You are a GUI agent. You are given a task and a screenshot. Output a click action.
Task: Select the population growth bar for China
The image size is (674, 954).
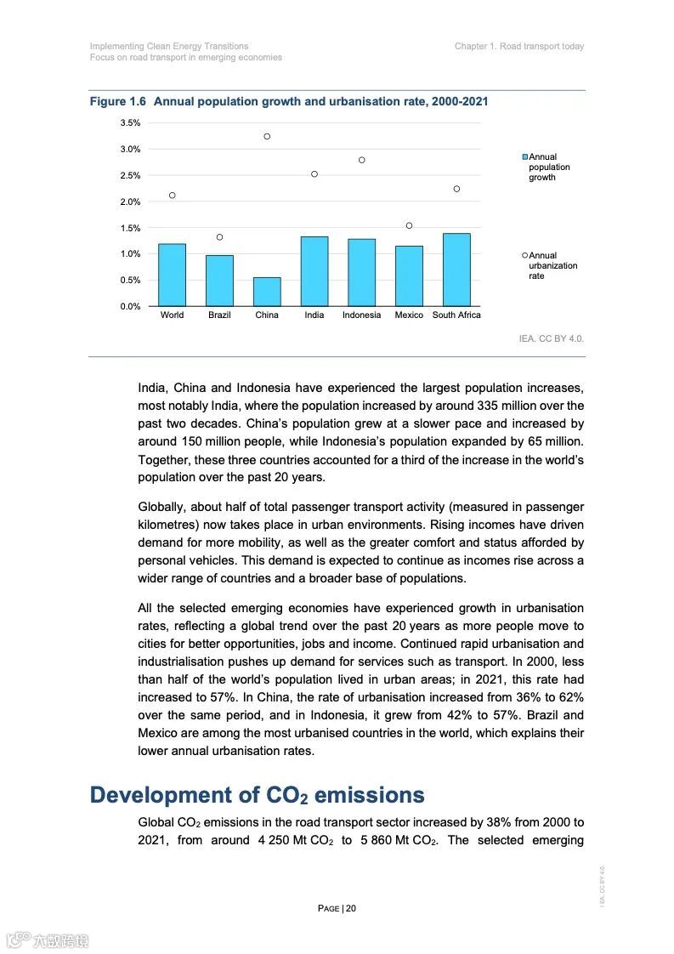click(267, 292)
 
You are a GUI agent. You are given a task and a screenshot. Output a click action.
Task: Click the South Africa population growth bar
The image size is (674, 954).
click(456, 270)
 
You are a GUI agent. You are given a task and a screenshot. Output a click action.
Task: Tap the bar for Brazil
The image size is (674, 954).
click(219, 281)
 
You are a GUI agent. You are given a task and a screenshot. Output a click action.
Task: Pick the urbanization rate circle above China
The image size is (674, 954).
click(267, 136)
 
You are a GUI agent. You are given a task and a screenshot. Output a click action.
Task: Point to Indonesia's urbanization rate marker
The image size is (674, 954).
click(361, 160)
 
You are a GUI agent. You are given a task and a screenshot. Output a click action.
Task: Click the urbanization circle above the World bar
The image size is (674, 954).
click(172, 196)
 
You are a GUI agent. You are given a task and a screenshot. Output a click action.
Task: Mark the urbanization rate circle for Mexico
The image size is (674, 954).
click(409, 225)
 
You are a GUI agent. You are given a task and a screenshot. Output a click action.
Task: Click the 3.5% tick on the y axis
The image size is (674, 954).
click(130, 123)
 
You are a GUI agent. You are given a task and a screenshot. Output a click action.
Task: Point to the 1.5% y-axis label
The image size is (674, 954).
click(130, 228)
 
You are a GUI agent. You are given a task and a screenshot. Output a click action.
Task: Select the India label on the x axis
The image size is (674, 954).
click(314, 315)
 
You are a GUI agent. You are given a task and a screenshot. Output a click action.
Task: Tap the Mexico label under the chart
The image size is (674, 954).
click(409, 315)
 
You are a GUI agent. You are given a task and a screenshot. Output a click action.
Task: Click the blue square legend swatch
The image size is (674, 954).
click(525, 157)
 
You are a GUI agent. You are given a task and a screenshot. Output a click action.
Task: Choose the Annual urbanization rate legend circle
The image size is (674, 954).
click(525, 255)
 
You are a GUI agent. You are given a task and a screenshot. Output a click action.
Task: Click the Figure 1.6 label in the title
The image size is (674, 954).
click(118, 102)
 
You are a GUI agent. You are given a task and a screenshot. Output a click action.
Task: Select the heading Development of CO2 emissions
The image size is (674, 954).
click(257, 795)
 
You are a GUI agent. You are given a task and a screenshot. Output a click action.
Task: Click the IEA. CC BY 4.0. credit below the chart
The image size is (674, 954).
click(552, 338)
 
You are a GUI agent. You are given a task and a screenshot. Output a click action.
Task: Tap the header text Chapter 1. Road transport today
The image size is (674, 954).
click(519, 47)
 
